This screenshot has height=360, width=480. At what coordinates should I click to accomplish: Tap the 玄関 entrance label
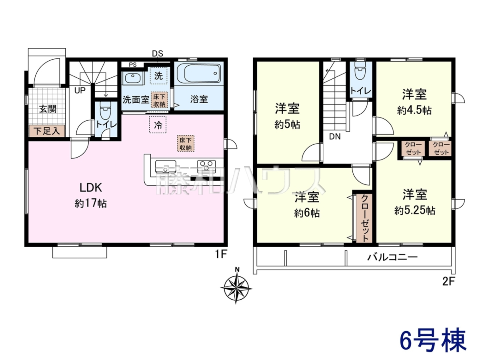point(48,109)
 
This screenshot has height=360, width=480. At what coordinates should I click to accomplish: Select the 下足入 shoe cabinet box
point(47,131)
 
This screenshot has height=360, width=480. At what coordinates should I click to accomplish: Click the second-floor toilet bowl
point(361,71)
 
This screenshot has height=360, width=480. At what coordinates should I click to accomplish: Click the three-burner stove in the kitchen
point(206,166)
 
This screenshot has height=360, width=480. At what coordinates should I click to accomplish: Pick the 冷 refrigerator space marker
point(158,125)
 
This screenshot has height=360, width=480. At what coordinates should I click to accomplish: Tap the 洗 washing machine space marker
point(158,76)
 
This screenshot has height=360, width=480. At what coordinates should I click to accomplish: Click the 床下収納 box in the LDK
point(186,143)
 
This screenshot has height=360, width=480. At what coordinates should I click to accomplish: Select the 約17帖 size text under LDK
point(90,203)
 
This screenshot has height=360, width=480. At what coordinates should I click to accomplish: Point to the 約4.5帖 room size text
point(414,111)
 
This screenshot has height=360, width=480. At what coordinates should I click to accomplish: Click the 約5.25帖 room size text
point(415,210)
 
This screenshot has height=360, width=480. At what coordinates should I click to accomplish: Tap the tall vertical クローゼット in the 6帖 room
point(364,218)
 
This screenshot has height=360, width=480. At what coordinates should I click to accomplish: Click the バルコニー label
point(392,257)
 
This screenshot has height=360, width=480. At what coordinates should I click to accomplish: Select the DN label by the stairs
point(335,137)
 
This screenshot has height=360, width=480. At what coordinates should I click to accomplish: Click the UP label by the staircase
point(80,90)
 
